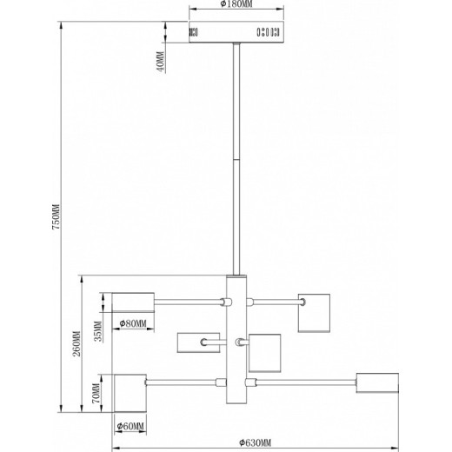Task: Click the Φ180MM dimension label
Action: click(236, 4)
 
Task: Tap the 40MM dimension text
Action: click(160, 62)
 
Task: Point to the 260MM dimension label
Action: click(76, 343)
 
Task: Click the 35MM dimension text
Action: click(98, 331)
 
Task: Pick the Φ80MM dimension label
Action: click(133, 323)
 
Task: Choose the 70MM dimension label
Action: click(96, 393)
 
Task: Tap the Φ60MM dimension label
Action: click(130, 426)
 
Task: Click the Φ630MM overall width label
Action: click(255, 442)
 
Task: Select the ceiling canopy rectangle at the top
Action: click(236, 32)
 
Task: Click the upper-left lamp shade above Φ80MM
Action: click(133, 302)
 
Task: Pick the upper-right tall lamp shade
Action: click(314, 313)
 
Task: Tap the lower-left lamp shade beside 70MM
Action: click(130, 393)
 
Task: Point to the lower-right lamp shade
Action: click(377, 382)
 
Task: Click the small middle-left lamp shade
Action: click(198, 342)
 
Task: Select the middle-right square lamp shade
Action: click(264, 353)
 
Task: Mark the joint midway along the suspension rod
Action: click(236, 159)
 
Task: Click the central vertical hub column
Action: click(236, 339)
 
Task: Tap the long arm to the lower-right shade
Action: click(306, 382)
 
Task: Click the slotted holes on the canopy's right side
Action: click(268, 32)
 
